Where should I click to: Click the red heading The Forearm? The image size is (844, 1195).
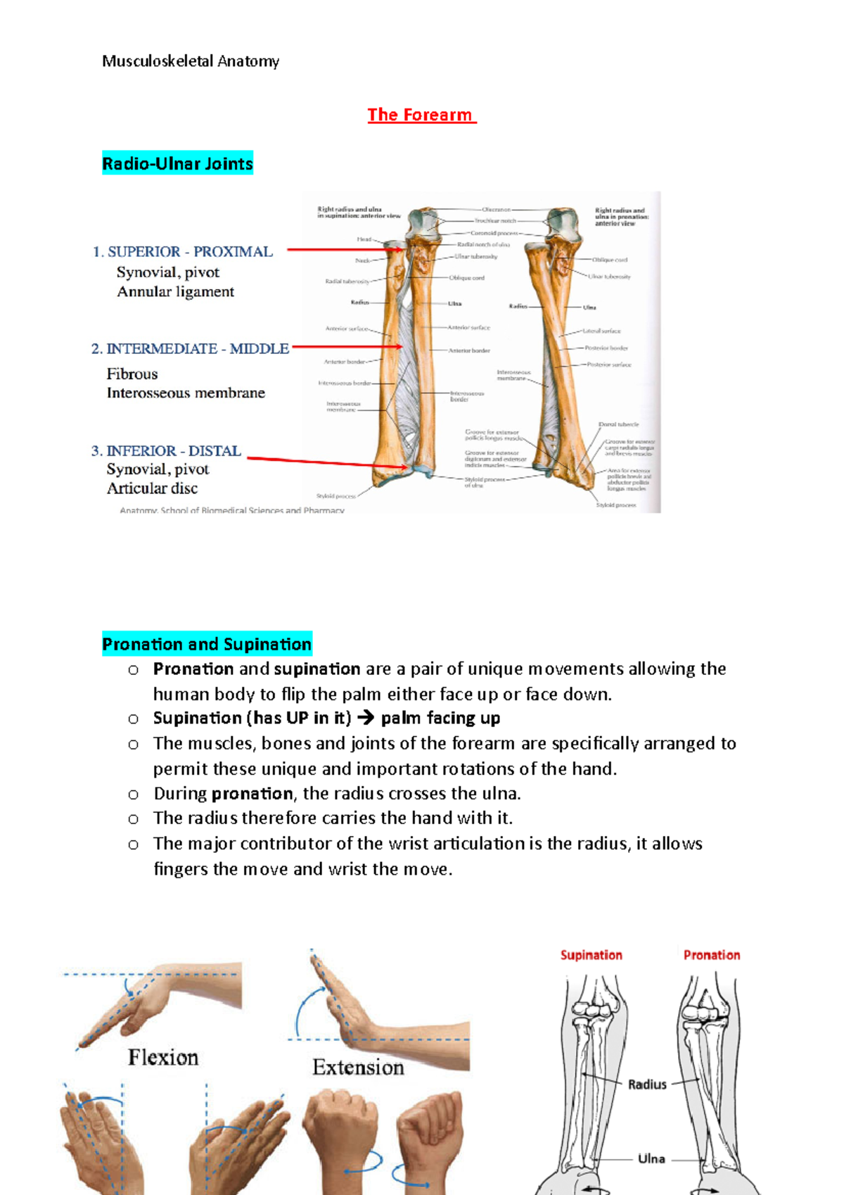click(x=421, y=115)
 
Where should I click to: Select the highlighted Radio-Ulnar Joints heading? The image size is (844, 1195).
click(x=177, y=164)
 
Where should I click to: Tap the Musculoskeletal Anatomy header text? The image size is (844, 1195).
click(x=191, y=61)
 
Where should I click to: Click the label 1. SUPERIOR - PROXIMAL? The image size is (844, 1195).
click(x=183, y=252)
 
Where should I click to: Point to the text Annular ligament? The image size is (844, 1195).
click(x=175, y=291)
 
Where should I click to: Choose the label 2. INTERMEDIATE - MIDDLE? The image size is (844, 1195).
click(x=190, y=348)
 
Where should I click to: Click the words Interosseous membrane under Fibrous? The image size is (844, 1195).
click(x=186, y=393)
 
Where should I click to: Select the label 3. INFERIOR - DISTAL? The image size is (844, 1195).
click(x=166, y=450)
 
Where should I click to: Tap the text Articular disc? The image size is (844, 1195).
click(x=152, y=488)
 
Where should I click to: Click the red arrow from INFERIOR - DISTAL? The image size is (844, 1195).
click(x=327, y=462)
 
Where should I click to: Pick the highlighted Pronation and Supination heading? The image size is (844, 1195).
click(x=207, y=644)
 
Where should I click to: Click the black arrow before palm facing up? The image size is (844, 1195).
click(x=366, y=719)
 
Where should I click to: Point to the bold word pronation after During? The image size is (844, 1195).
click(x=252, y=794)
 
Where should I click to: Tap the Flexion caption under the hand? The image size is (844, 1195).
click(x=163, y=1057)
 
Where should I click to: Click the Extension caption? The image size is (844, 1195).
click(x=358, y=1067)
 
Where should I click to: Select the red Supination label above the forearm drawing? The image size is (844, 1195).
click(x=591, y=955)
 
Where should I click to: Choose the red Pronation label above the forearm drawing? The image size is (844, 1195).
click(x=711, y=955)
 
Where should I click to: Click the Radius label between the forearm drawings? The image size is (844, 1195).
click(x=647, y=1085)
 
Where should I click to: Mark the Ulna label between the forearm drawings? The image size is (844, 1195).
click(x=651, y=1158)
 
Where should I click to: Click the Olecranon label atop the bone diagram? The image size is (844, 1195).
click(x=497, y=209)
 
